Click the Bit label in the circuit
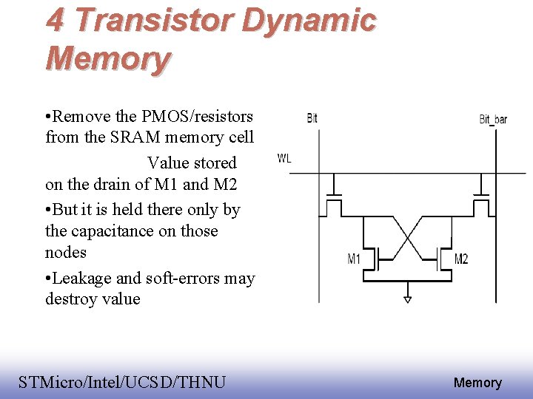312,118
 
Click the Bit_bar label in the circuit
493,119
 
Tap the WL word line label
284,158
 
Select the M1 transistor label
354,259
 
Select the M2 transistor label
460,259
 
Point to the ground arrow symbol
407,299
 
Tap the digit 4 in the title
55,20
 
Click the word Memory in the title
108,58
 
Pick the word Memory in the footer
477,383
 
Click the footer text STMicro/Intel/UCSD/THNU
122,382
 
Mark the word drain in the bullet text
115,185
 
